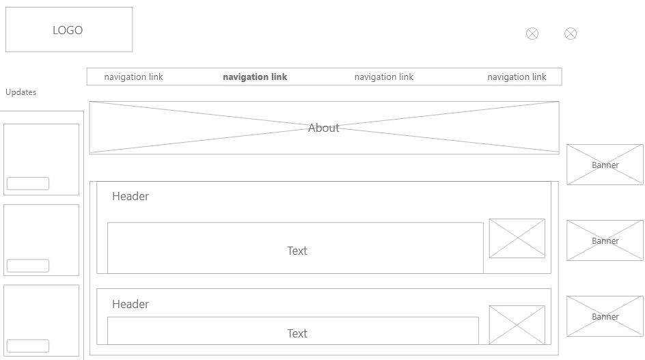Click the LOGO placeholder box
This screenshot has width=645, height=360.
click(x=68, y=30)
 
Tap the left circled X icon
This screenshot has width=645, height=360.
click(x=532, y=33)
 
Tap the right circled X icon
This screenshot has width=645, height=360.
click(x=571, y=33)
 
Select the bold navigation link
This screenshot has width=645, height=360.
click(x=255, y=77)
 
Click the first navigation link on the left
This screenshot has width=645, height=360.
click(x=133, y=77)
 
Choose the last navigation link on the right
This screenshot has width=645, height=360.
click(x=517, y=77)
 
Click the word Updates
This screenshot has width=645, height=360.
click(x=21, y=92)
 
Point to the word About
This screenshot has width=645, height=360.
click(x=323, y=128)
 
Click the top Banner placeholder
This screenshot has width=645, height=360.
click(x=605, y=165)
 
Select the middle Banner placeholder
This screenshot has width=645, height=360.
click(x=605, y=240)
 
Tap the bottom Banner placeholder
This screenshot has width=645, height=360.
click(x=605, y=316)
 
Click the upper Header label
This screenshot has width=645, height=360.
click(x=131, y=196)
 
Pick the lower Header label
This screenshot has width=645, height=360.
click(x=131, y=304)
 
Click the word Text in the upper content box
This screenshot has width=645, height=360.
click(x=297, y=251)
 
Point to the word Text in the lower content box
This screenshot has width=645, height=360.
click(x=297, y=333)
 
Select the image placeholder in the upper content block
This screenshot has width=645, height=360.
click(x=517, y=238)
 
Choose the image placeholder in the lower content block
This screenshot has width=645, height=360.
click(x=517, y=324)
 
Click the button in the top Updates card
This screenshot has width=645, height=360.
click(x=28, y=184)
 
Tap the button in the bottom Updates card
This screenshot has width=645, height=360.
click(x=28, y=346)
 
